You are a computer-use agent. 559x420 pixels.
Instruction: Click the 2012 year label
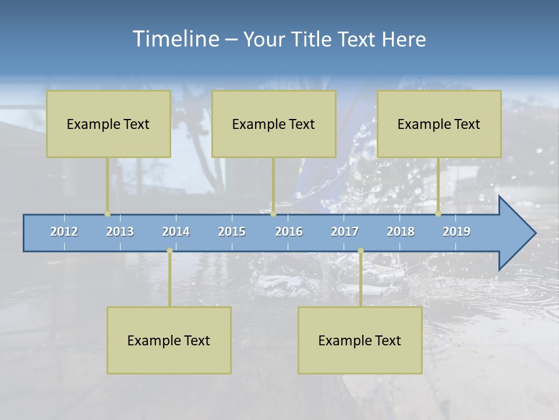tap(64, 232)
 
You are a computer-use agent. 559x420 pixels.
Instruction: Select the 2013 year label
tap(120, 232)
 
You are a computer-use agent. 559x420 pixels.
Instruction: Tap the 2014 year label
tap(176, 232)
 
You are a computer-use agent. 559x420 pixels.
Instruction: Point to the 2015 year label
tap(232, 232)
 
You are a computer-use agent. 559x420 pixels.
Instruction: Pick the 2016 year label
tap(289, 232)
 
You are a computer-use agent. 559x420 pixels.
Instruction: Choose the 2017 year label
tap(345, 232)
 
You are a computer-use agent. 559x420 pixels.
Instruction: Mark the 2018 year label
tap(401, 232)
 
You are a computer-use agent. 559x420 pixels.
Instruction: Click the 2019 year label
tap(457, 232)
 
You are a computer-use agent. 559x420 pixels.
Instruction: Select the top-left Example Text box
tap(108, 124)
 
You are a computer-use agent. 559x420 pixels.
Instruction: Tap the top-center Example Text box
tap(274, 124)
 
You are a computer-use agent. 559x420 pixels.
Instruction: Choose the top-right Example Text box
tap(439, 124)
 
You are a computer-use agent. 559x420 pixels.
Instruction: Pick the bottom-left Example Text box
tap(169, 340)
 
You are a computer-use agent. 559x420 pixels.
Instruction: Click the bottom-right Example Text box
tap(360, 340)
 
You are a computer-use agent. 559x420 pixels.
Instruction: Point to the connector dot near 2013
tap(107, 213)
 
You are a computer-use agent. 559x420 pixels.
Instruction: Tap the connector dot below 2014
tap(169, 251)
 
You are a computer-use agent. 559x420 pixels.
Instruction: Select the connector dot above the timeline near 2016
tap(273, 213)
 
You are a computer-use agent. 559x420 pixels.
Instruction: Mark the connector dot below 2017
tap(360, 251)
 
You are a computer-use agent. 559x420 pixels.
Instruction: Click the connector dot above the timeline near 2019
tap(438, 213)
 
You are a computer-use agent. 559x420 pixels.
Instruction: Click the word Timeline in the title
tap(175, 38)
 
